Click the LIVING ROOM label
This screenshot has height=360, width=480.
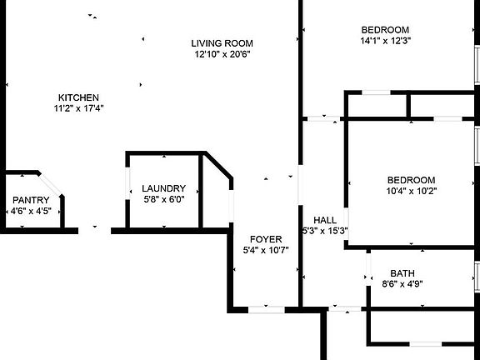tap(222, 43)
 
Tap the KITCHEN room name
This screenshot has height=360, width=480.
tap(78, 97)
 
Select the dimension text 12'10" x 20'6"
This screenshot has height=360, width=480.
tap(222, 54)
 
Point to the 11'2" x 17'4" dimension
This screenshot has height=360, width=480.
tap(78, 108)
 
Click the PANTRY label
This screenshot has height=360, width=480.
tap(31, 200)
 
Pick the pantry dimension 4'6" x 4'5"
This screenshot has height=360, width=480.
tap(31, 211)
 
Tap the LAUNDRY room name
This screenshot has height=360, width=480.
tap(164, 188)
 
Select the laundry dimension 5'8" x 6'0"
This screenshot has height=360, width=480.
tap(164, 199)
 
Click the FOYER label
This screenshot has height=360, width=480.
tap(266, 239)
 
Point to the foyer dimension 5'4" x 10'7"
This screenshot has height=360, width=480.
tap(266, 250)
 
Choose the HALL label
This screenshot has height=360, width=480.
tap(325, 220)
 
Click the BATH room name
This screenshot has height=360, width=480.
tap(402, 273)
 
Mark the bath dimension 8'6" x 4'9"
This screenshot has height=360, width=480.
tap(402, 284)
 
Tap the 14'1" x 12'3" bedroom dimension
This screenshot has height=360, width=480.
tap(385, 41)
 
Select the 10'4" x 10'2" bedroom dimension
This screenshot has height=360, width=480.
tap(412, 191)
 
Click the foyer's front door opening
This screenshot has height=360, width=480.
tap(267, 309)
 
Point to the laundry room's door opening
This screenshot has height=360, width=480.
tap(127, 183)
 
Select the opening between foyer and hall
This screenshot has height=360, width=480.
tap(300, 185)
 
